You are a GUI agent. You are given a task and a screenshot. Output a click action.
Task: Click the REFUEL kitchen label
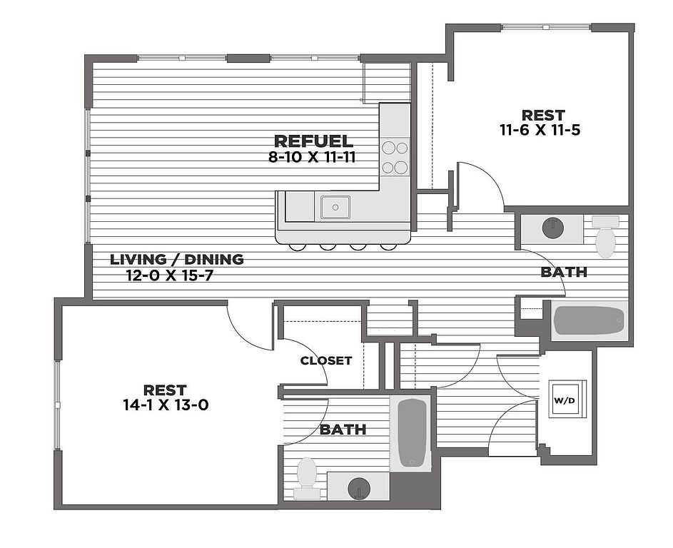[313, 141]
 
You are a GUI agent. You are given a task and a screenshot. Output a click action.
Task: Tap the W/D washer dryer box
[565, 399]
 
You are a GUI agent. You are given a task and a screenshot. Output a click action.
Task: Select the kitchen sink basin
[335, 207]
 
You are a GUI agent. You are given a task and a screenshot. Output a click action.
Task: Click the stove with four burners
[395, 157]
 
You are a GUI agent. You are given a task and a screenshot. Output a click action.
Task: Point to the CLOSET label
[325, 361]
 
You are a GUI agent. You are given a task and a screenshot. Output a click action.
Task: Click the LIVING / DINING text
[177, 260]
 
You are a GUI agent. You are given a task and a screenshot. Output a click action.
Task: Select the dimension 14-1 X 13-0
[166, 405]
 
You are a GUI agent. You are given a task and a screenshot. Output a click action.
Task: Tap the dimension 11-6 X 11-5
[540, 130]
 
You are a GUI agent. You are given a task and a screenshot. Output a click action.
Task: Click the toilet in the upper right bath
[606, 237]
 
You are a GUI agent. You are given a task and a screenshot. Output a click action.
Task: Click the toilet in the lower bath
[306, 477]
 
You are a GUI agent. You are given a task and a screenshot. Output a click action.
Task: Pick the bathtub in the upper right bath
[589, 320]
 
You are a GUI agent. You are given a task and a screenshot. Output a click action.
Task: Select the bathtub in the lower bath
[412, 432]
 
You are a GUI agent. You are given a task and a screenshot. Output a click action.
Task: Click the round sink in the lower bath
[359, 488]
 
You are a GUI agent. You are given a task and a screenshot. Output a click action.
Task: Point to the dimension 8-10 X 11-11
[312, 158]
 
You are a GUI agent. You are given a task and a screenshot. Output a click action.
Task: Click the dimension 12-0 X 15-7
[170, 275]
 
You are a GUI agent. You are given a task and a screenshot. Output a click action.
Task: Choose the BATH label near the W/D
[343, 429]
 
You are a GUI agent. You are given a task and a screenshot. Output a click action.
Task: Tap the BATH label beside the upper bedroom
[564, 272]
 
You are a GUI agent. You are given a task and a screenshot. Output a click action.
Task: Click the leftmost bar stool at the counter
[297, 246]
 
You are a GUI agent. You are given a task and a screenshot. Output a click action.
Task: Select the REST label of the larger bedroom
[165, 390]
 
